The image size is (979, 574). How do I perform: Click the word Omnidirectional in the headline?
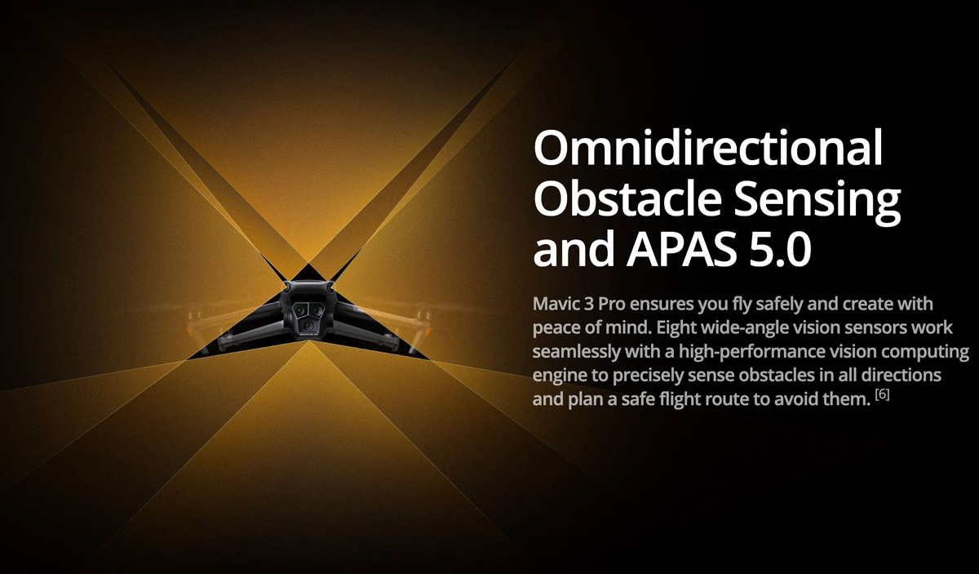[708, 148]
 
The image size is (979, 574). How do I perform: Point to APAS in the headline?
[681, 249]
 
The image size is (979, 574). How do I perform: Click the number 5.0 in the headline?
[780, 249]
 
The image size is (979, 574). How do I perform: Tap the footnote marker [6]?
[882, 394]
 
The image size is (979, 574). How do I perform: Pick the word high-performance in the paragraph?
[751, 352]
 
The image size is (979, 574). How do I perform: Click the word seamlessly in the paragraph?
[576, 352]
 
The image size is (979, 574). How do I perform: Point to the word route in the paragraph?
[745, 399]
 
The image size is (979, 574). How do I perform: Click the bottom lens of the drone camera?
[308, 325]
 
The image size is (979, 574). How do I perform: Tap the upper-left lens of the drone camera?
[299, 309]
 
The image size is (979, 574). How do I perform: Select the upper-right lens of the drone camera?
[316, 309]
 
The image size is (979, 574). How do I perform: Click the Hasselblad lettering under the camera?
[308, 336]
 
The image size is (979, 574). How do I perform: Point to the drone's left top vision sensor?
[287, 287]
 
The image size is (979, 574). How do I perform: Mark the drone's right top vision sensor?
[330, 287]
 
